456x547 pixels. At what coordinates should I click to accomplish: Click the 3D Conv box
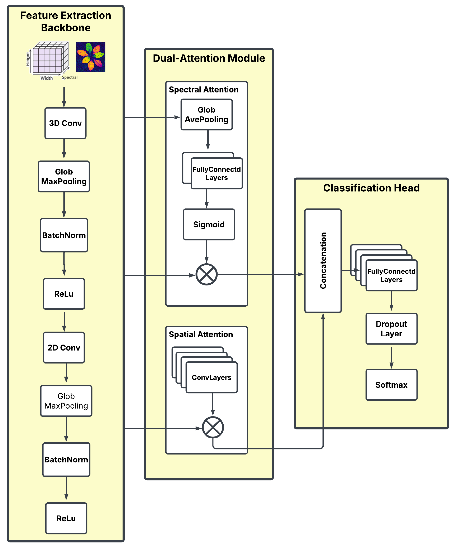click(x=65, y=123)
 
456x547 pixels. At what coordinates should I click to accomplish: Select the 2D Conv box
click(x=64, y=347)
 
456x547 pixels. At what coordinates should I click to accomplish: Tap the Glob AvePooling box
click(x=206, y=114)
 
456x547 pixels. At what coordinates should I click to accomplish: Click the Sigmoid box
click(x=209, y=224)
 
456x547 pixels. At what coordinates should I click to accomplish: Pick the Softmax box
click(x=391, y=385)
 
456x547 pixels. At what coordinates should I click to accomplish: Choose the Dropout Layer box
click(x=391, y=329)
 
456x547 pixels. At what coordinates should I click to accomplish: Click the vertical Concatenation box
click(x=323, y=260)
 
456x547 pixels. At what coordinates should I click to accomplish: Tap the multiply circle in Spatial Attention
click(x=213, y=427)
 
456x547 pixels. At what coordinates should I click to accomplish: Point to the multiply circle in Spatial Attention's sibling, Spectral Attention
click(x=206, y=274)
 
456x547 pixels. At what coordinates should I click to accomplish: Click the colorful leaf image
click(x=90, y=57)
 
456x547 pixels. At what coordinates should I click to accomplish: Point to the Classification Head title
click(x=371, y=188)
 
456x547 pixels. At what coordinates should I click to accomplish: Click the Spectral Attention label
click(x=204, y=90)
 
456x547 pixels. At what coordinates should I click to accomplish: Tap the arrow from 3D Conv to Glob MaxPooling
click(x=64, y=149)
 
